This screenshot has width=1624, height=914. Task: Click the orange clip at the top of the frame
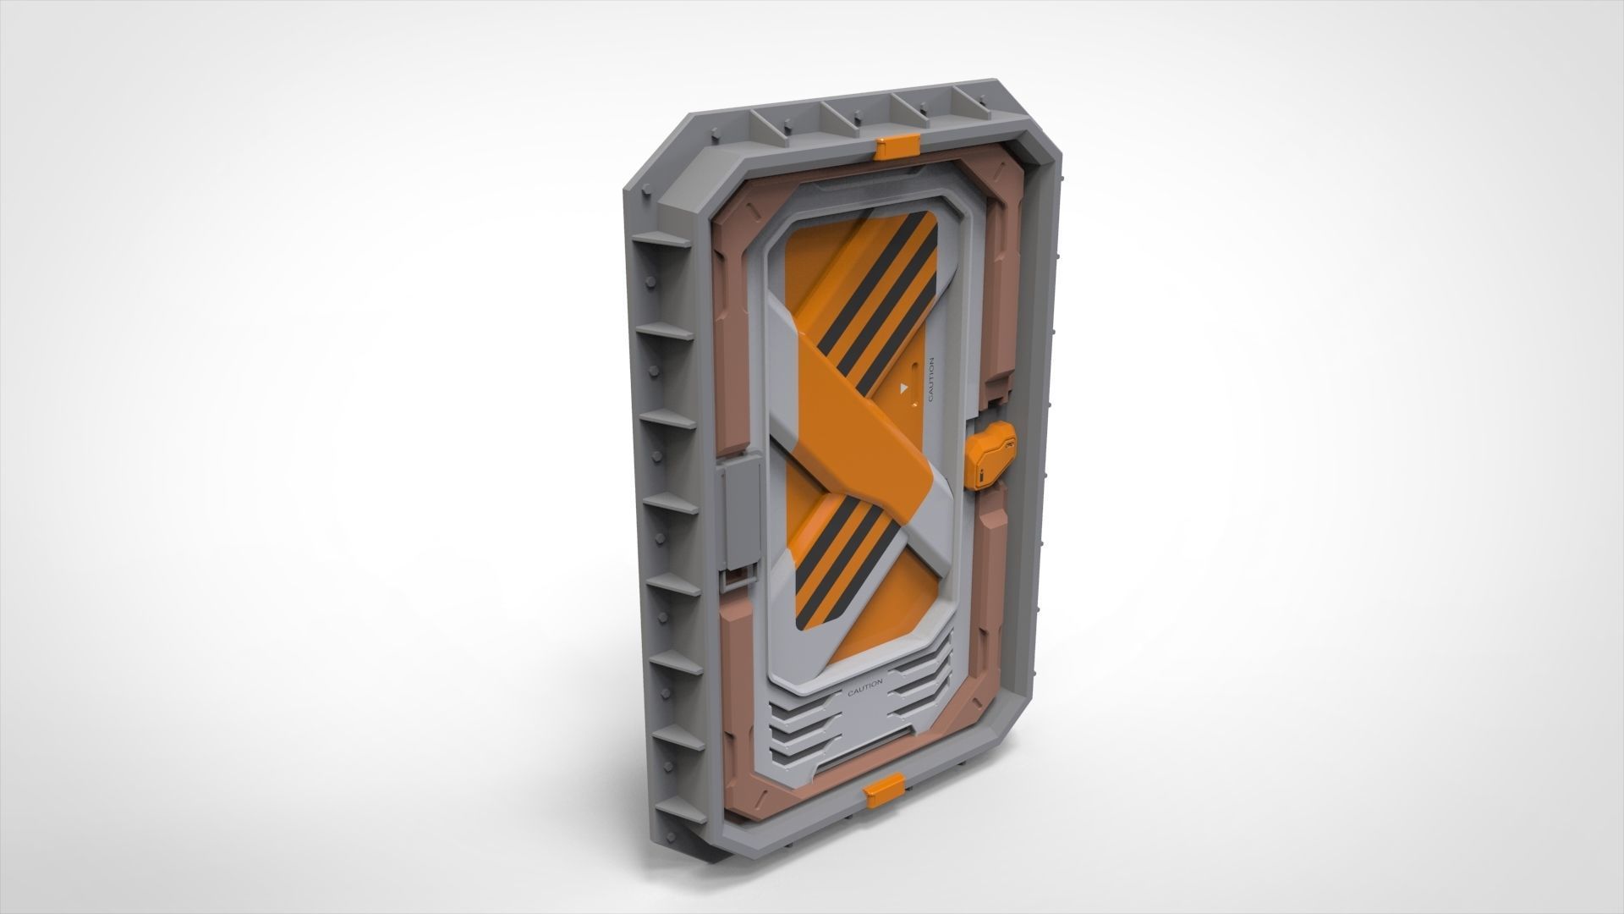(895, 146)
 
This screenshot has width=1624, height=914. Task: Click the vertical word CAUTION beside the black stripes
(930, 380)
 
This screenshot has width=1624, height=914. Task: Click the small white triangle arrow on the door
(904, 389)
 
